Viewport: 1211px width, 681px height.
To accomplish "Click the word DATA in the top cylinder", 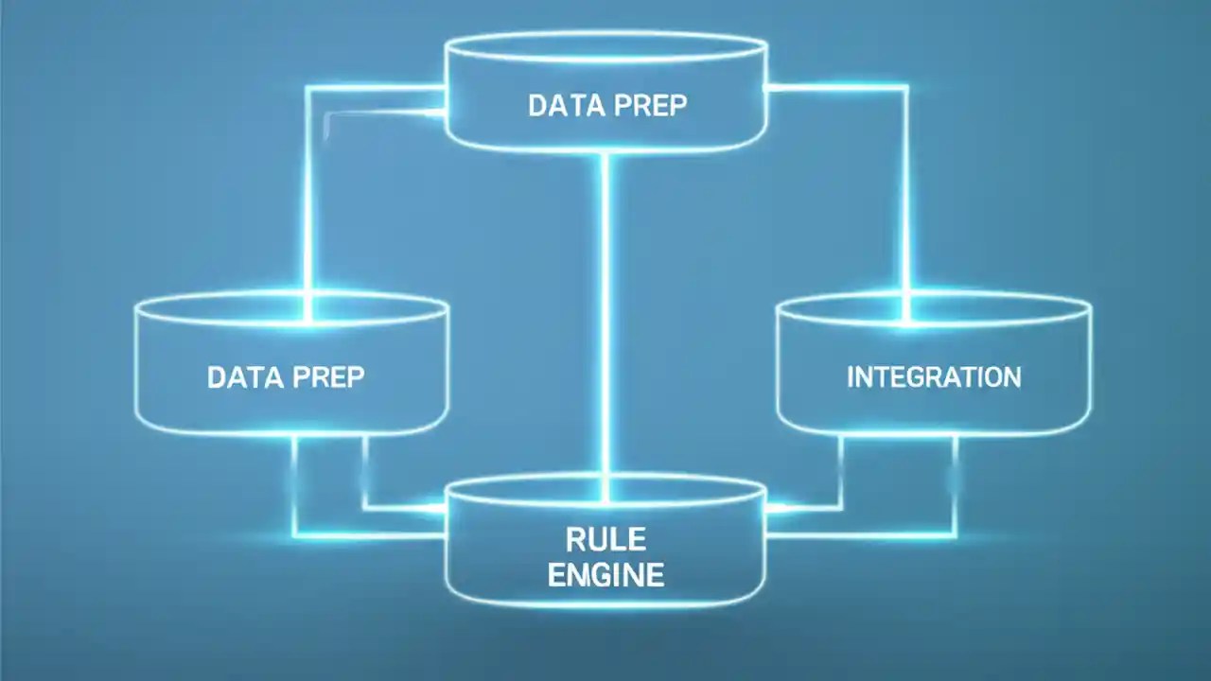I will (559, 105).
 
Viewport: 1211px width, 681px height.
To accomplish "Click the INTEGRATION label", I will (934, 377).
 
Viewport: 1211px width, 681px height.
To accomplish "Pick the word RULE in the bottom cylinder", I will (605, 540).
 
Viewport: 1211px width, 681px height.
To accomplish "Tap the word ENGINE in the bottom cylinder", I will (605, 574).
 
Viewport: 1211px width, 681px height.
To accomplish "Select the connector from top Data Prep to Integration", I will (905, 189).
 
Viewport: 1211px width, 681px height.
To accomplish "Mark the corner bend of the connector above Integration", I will (905, 88).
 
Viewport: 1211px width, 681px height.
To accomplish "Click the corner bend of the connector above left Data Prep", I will (308, 89).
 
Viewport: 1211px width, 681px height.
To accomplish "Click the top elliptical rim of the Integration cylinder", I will (934, 295).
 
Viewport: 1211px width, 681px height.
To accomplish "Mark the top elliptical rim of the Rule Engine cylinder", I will (605, 479).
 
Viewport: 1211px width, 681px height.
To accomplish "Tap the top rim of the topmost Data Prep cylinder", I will (605, 35).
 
